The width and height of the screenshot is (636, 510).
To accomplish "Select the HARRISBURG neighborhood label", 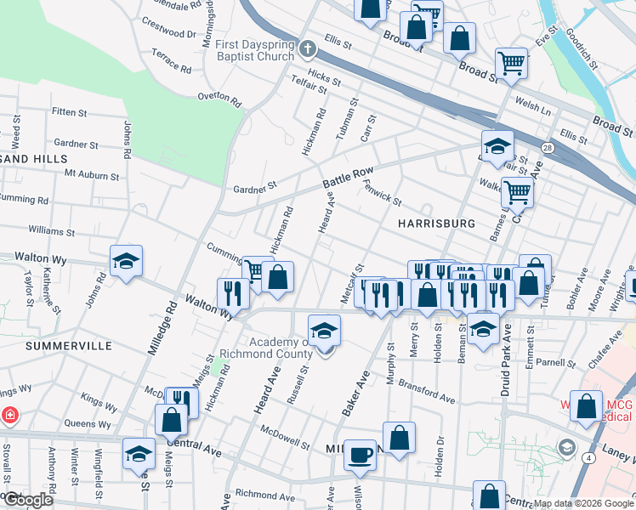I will (x=434, y=223).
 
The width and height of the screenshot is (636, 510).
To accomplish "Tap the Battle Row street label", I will (x=348, y=178).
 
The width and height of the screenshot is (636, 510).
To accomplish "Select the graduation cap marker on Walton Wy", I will (x=126, y=261).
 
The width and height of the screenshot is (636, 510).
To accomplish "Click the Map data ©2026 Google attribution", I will (x=583, y=503).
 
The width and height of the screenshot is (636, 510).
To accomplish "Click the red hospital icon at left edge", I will (x=9, y=416).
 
